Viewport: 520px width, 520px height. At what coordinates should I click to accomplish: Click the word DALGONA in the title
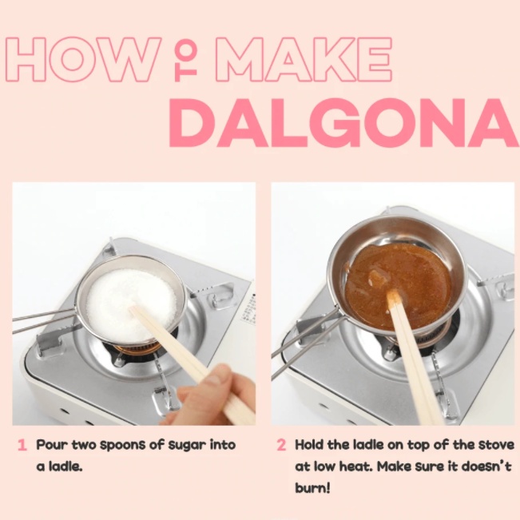tap(344, 123)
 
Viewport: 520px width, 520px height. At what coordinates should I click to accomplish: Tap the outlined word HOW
tap(84, 59)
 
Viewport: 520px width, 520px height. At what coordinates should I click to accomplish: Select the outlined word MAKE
tap(304, 59)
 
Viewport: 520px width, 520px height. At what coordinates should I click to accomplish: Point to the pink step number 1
tap(22, 445)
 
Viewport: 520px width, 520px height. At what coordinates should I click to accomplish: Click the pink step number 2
tap(281, 445)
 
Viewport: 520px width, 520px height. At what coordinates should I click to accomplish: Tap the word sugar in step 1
tap(187, 446)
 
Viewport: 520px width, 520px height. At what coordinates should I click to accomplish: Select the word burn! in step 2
tap(312, 488)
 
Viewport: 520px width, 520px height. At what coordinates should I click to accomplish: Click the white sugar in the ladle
tap(131, 305)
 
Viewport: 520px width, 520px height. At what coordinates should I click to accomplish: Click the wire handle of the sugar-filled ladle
tap(43, 320)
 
